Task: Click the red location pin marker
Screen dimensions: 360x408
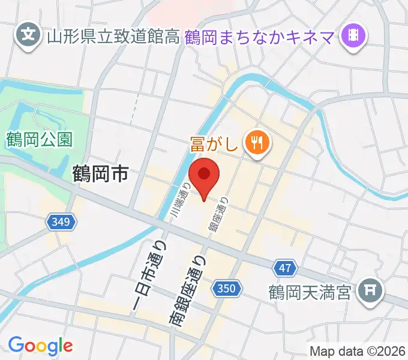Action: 204,176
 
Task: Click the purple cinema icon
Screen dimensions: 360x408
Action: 353,37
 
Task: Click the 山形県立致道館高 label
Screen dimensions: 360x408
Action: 113,37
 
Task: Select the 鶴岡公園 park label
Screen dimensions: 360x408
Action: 40,140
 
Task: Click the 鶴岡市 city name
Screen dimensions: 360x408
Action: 100,174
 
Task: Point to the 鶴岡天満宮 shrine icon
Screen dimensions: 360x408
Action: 368,292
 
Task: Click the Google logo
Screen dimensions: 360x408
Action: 40,346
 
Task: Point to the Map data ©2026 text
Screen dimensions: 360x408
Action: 358,350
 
